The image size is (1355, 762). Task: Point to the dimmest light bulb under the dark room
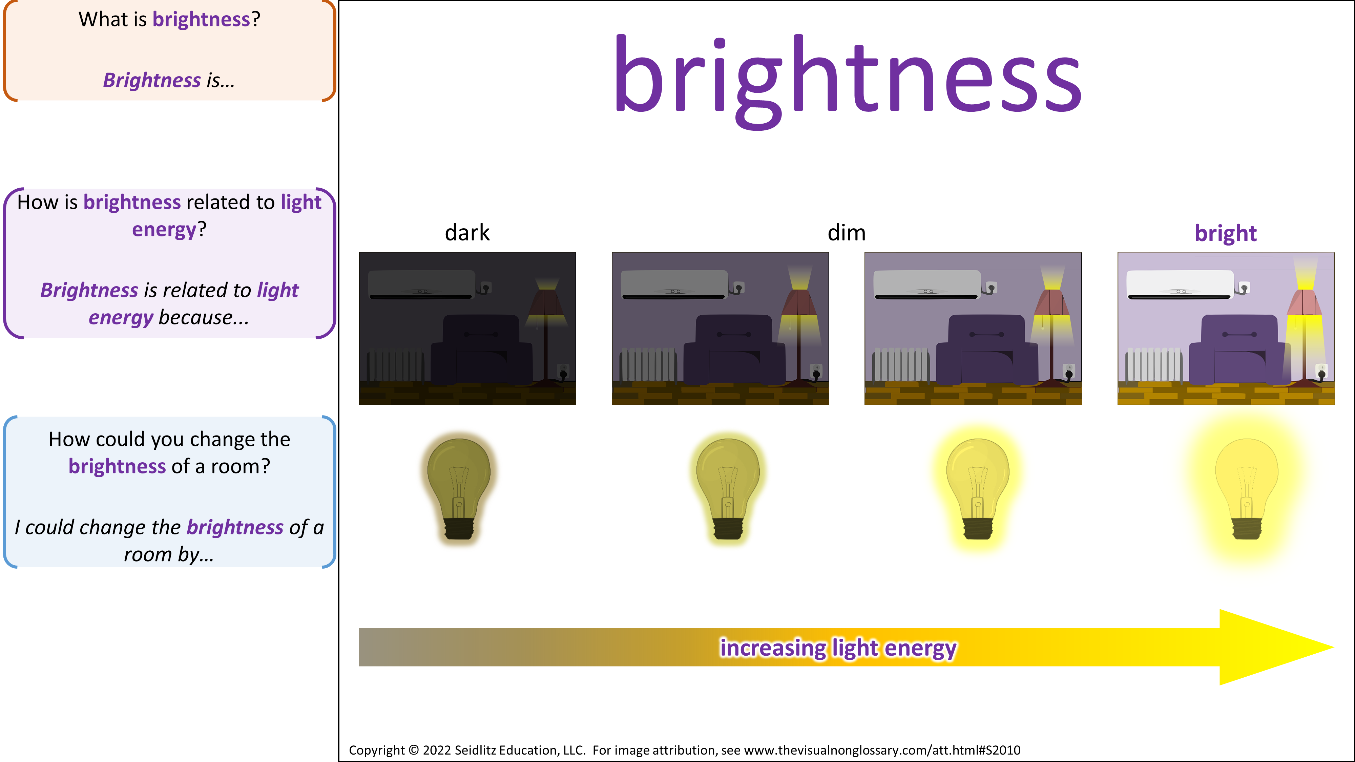(x=459, y=488)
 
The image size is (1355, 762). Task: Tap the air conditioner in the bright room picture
(x=1180, y=284)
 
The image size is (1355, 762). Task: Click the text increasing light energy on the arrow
(x=838, y=648)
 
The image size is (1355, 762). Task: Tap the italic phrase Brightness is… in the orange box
(x=169, y=81)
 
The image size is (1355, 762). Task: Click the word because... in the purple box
(x=204, y=318)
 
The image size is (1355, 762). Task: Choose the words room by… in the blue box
(x=169, y=555)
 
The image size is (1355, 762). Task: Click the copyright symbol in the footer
(x=414, y=750)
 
